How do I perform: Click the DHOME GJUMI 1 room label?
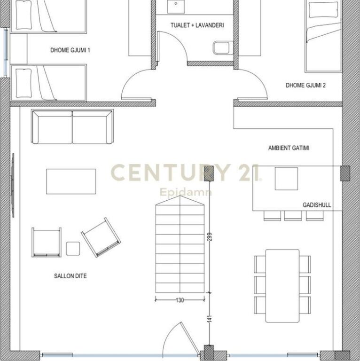[70, 50]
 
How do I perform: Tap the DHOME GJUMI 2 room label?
[305, 85]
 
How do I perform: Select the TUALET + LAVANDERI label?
[197, 25]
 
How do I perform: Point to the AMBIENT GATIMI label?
[289, 148]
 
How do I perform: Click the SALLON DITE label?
[70, 276]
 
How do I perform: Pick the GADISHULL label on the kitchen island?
[317, 204]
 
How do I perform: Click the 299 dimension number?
[210, 237]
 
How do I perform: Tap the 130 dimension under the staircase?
[180, 300]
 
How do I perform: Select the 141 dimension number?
[210, 319]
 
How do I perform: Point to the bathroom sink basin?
[176, 6]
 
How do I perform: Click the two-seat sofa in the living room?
[72, 127]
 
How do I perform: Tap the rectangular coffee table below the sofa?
[71, 181]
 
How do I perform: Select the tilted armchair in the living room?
[101, 237]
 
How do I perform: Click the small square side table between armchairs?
[73, 248]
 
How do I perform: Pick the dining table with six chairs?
[282, 286]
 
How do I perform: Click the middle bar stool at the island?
[293, 216]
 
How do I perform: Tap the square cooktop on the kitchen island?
[286, 179]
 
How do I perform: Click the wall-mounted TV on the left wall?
[13, 185]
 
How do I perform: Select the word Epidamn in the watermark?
[186, 192]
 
